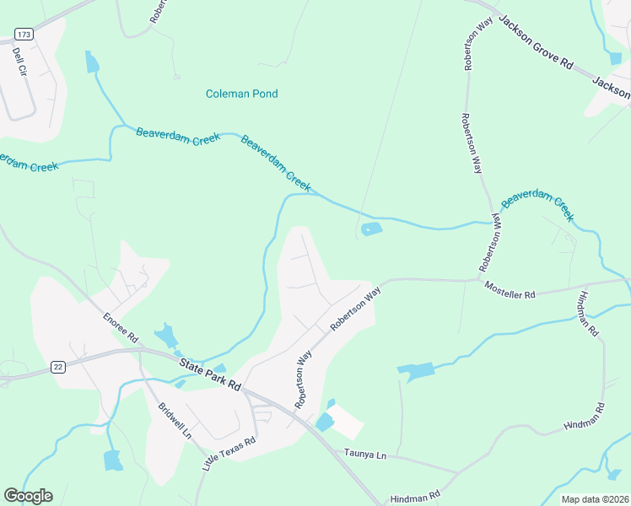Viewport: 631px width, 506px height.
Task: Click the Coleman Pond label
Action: pos(241,94)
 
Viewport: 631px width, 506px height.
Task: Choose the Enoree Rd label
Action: pos(120,327)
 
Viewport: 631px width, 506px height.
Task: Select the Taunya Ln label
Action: pos(364,455)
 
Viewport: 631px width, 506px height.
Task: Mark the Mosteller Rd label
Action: pos(510,291)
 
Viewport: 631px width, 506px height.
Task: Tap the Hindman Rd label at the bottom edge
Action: pos(415,497)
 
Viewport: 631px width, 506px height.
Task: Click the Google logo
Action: pos(28,496)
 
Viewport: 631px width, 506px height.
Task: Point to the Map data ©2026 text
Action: pos(594,499)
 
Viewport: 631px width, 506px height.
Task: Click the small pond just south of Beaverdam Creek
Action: pos(371,229)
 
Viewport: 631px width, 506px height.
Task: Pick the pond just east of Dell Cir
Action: pos(91,62)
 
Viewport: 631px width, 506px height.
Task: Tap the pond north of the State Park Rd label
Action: pos(166,335)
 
